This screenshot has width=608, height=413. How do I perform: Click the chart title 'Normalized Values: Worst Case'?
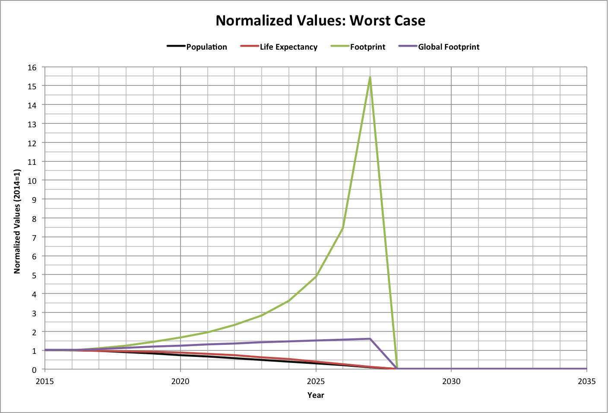[x=320, y=21]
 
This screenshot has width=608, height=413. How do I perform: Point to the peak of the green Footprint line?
[x=370, y=77]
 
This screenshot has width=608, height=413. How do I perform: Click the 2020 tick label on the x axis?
[x=180, y=381]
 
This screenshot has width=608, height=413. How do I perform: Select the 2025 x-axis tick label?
[x=316, y=381]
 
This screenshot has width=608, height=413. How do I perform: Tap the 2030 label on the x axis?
[x=451, y=381]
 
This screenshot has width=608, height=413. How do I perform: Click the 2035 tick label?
[x=586, y=381]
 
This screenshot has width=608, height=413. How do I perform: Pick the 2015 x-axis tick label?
[x=45, y=381]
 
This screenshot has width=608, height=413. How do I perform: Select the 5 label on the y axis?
[x=35, y=275]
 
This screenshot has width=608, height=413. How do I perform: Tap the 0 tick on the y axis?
[x=35, y=370]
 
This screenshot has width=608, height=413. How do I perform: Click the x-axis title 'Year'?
[x=316, y=395]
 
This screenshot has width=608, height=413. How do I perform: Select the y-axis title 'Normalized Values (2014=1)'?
[x=17, y=221]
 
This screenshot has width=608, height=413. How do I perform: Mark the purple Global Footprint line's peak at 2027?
[x=370, y=339]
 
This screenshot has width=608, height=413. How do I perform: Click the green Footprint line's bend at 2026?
[x=343, y=228]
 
